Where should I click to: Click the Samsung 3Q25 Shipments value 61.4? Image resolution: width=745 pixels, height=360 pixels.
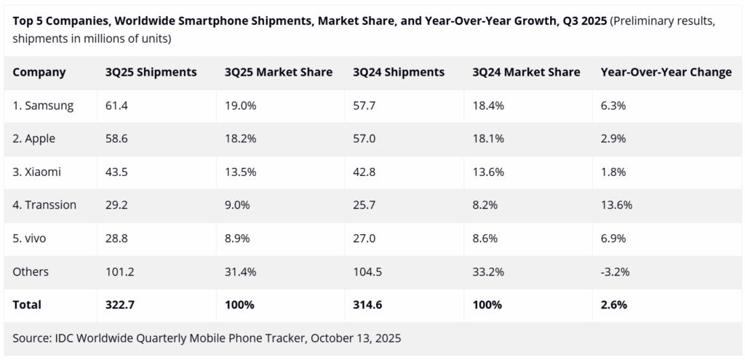(116, 105)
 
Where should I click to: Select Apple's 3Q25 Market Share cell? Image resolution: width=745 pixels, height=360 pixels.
(239, 139)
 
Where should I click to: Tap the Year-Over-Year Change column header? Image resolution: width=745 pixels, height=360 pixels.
(666, 72)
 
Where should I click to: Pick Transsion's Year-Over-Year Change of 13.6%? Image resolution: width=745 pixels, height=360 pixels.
(616, 205)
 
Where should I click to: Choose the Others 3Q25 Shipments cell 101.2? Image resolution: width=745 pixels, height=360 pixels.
(121, 272)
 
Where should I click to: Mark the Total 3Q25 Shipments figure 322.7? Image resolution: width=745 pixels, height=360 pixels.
(121, 305)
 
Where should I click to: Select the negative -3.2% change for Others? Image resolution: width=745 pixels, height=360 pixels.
(615, 272)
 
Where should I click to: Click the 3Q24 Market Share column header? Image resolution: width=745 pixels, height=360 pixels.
(526, 72)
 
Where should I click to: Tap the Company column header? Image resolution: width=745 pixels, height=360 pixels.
(39, 72)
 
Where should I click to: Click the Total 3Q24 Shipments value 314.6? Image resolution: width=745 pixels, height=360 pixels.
(368, 305)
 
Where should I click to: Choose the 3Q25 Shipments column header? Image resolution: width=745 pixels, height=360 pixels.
(151, 72)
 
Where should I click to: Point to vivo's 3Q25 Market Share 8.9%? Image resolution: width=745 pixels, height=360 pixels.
(237, 239)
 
